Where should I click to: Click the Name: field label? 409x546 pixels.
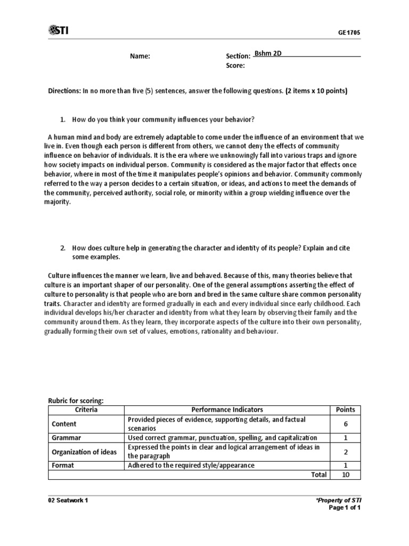tap(141, 56)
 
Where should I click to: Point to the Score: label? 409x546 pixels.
tap(235, 66)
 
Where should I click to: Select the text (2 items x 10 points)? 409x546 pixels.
tap(316, 91)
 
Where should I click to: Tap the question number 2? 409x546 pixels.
tap(63, 248)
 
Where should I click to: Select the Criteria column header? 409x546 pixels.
tap(86, 409)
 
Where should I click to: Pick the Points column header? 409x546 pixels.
tap(346, 409)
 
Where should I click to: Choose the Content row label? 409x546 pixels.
tap(64, 424)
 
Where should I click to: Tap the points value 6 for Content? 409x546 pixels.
tap(346, 424)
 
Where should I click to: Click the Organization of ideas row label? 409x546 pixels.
tap(84, 452)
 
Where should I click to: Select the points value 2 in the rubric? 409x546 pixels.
tap(346, 452)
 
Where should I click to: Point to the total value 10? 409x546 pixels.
tap(346, 475)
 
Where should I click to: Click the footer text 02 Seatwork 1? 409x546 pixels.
tap(69, 501)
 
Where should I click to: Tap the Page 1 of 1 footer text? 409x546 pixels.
tap(346, 508)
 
